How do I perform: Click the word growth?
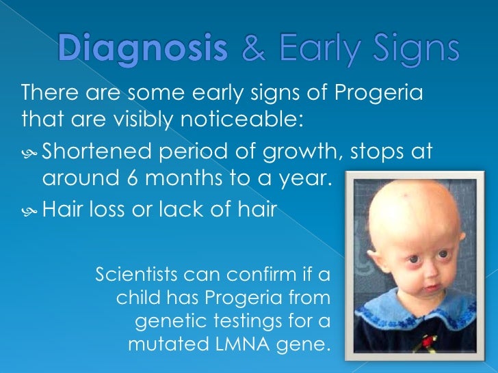[x=307, y=151]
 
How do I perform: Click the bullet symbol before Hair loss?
[x=29, y=210]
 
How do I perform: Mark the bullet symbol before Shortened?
[x=29, y=151]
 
